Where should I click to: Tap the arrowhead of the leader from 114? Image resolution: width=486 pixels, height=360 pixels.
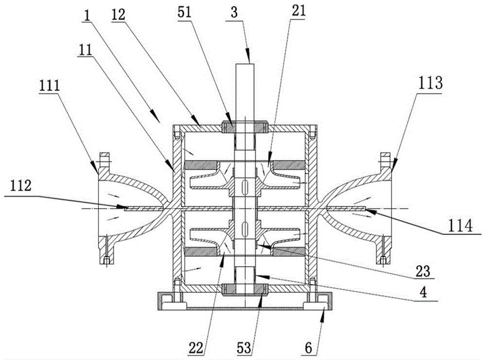tap(365, 210)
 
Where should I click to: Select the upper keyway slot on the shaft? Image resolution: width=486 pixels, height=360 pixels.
tap(244, 186)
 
